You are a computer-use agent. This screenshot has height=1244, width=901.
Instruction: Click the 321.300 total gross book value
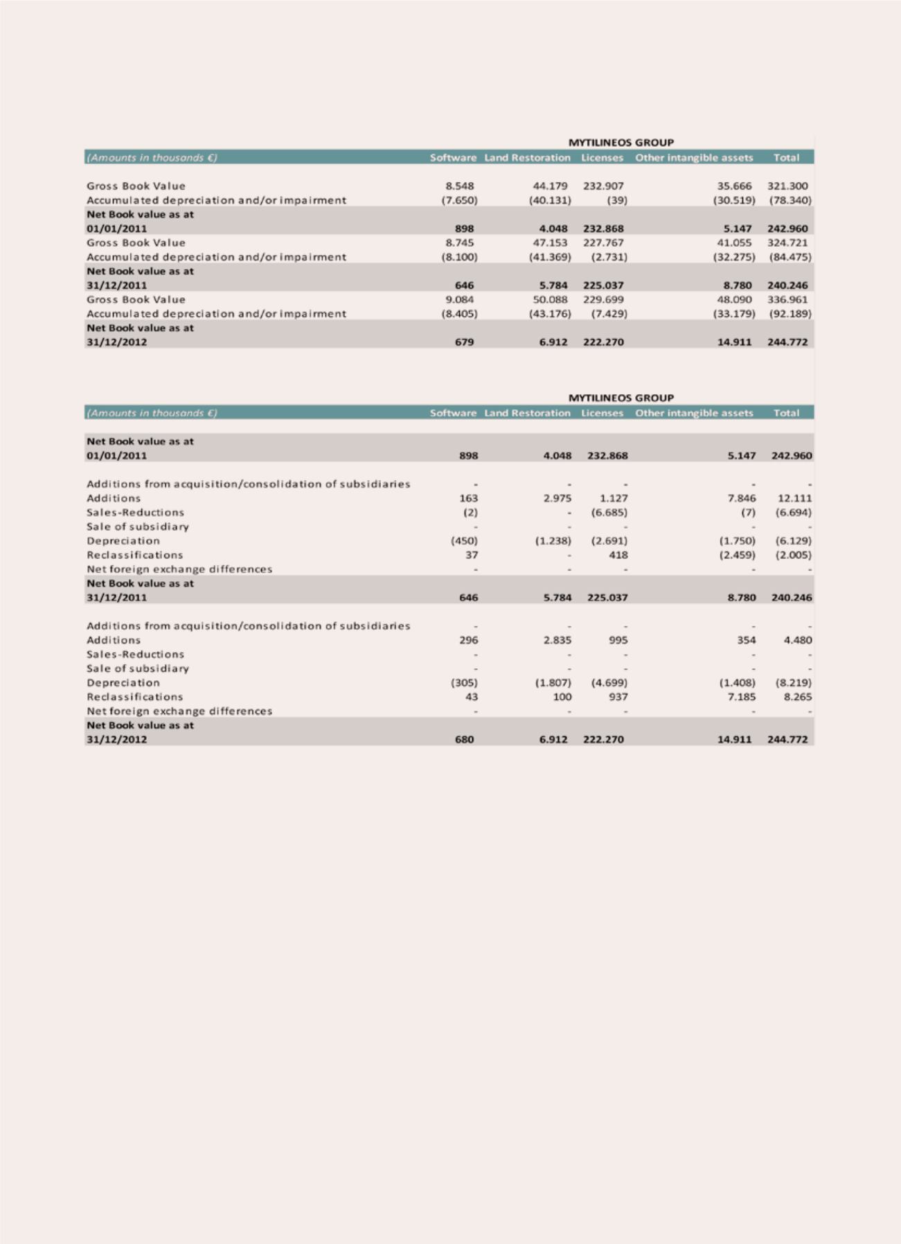pos(787,186)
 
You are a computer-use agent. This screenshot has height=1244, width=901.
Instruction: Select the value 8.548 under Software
pos(460,186)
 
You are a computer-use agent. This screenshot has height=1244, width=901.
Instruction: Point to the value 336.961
pos(787,299)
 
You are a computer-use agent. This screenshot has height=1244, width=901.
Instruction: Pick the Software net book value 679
pos(464,342)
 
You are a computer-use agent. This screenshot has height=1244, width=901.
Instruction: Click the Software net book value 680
pos(464,740)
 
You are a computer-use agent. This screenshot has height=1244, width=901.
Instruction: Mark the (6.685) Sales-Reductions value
pos(609,513)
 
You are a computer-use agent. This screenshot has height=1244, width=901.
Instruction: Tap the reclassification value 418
pos(618,555)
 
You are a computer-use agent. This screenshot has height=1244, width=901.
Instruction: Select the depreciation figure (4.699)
pos(609,683)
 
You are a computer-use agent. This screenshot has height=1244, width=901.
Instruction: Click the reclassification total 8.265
pos(797,697)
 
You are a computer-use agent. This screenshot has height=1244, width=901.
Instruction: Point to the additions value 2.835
pos(557,640)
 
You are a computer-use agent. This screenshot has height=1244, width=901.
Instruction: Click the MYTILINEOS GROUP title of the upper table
pos(621,143)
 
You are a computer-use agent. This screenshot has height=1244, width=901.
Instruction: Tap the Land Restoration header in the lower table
pos(527,413)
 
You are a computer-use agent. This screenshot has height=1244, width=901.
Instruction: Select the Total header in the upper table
pos(786,158)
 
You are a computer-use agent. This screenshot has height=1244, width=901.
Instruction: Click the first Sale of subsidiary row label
pos(138,526)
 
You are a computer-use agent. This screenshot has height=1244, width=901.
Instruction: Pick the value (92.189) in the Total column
pos(790,314)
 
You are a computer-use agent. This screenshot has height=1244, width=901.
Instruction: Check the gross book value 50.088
pos(550,299)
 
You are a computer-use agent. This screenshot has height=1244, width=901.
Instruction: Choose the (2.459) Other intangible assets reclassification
pos(737,555)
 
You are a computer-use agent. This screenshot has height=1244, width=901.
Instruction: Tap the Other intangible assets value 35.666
pos(734,186)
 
